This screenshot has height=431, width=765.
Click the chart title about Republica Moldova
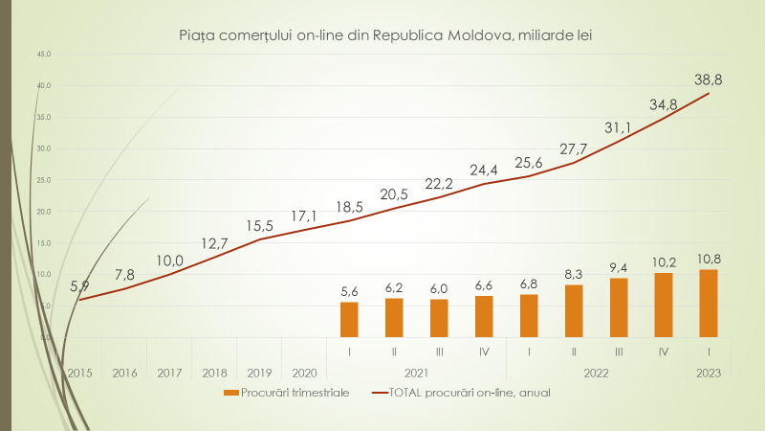click(385, 35)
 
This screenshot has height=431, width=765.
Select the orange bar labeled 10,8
click(709, 303)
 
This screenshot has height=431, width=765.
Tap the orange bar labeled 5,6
click(349, 319)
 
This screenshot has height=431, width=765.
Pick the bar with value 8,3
click(574, 310)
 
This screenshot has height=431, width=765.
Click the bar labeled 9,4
click(619, 307)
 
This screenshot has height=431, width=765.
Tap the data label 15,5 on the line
click(257, 225)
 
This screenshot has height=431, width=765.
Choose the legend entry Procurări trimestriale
click(287, 392)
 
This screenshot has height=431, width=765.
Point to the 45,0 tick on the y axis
click(43, 55)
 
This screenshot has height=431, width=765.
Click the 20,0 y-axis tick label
click(43, 212)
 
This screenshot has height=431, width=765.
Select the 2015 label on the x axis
click(78, 373)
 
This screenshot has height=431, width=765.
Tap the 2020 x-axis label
click(305, 373)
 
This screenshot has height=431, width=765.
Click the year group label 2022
click(597, 373)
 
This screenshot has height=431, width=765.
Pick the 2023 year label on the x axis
click(709, 373)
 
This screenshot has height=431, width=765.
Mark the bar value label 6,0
click(439, 286)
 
